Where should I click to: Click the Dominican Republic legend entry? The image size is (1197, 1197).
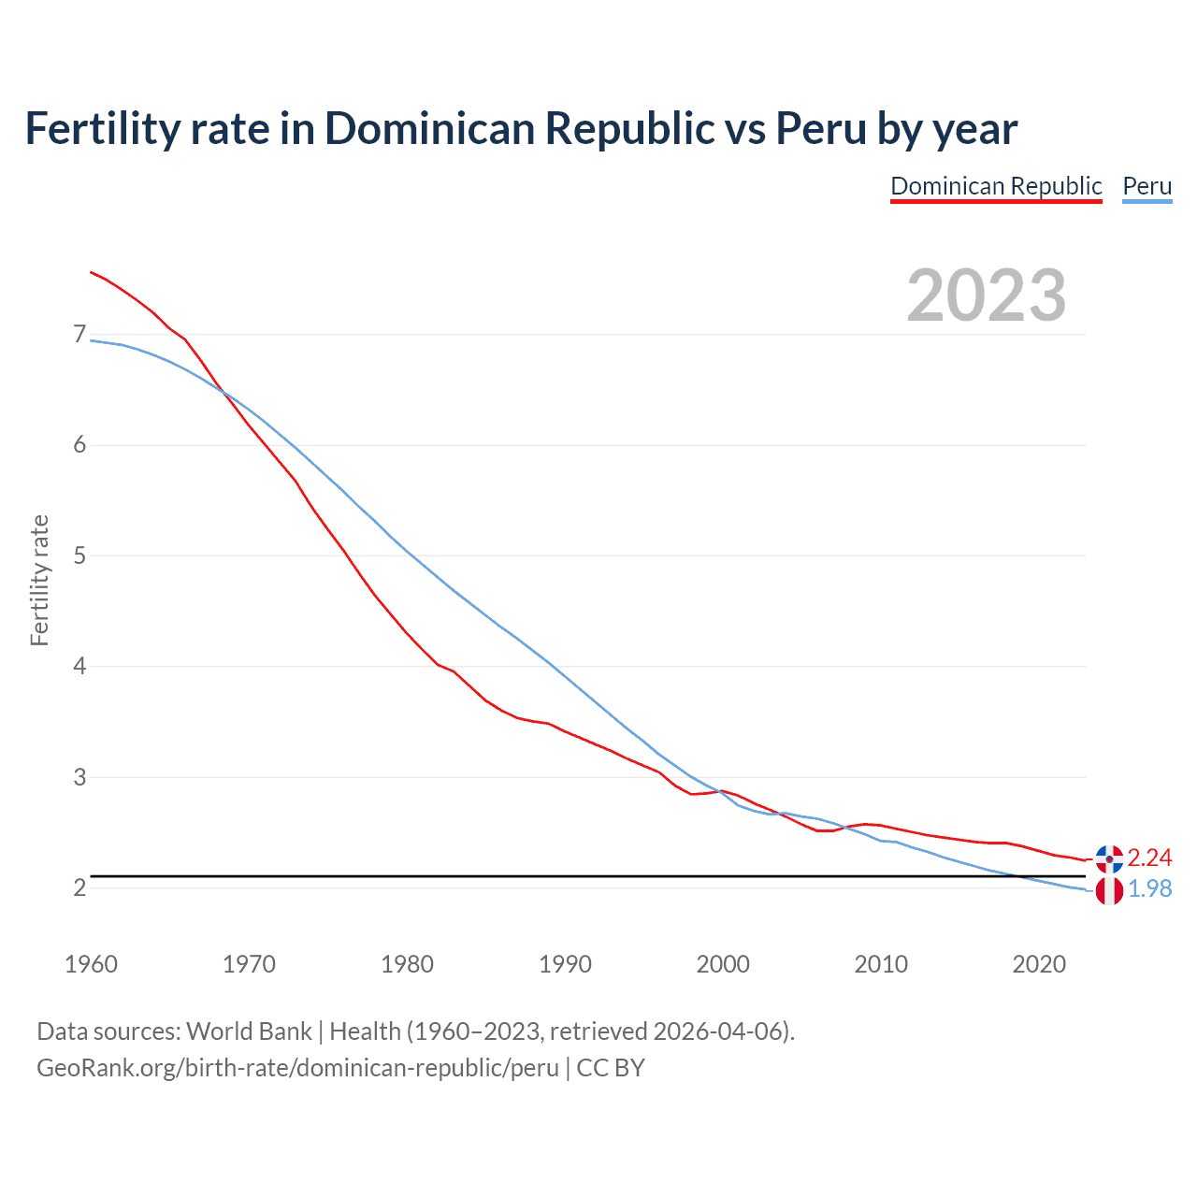click(x=996, y=186)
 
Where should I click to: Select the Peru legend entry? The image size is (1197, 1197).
click(x=1147, y=186)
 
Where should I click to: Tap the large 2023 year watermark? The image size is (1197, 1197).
click(x=987, y=296)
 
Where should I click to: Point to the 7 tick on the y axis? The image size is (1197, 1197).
click(x=79, y=334)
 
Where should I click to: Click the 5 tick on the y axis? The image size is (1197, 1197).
click(x=79, y=555)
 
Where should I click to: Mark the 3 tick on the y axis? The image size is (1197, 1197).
click(x=79, y=777)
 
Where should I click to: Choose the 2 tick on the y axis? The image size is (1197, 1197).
click(x=79, y=887)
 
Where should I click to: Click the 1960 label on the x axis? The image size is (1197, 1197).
click(x=91, y=964)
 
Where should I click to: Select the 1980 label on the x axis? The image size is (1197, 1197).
click(x=407, y=964)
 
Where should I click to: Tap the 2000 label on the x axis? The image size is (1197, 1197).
click(x=723, y=964)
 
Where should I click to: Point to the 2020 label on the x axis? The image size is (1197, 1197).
click(x=1039, y=964)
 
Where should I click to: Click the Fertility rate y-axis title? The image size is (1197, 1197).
click(x=39, y=580)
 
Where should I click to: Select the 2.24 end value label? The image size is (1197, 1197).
click(x=1149, y=858)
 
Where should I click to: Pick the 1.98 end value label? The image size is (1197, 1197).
click(x=1149, y=888)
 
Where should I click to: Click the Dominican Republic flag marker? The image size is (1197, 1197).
click(x=1109, y=858)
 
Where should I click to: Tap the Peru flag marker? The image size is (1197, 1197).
click(x=1109, y=891)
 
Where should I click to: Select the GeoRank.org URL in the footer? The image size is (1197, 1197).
click(x=297, y=1068)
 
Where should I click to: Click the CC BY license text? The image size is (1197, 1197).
click(x=611, y=1068)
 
